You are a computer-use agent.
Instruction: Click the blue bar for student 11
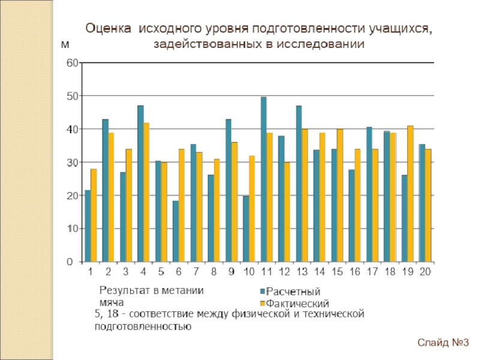point(263,180)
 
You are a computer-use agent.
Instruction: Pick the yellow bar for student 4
point(146,193)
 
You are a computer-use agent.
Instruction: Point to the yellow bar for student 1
point(94,216)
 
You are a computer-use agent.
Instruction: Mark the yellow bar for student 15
point(340,196)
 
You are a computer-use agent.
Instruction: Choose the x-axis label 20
point(425,272)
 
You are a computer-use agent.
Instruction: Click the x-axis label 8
point(213,272)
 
